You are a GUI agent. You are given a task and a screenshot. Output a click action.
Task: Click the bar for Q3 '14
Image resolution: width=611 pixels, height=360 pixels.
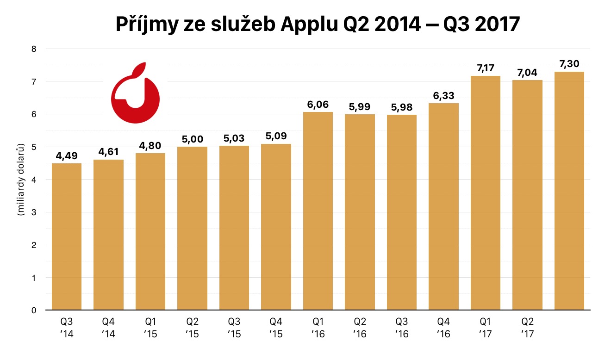click(67, 236)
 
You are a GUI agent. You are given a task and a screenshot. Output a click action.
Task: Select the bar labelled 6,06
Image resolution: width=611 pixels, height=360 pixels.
click(318, 211)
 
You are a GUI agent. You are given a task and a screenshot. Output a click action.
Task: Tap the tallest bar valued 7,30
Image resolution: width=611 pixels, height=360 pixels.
click(569, 191)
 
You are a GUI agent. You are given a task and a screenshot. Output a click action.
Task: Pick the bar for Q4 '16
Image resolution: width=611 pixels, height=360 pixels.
click(443, 206)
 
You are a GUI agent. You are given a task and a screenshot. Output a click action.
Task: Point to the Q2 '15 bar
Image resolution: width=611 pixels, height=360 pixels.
click(192, 228)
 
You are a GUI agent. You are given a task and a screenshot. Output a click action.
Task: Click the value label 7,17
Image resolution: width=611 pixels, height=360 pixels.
click(486, 68)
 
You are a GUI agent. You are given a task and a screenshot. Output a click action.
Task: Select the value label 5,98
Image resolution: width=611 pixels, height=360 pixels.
click(402, 107)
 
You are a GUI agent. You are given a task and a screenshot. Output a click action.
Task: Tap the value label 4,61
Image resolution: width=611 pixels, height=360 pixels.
click(108, 152)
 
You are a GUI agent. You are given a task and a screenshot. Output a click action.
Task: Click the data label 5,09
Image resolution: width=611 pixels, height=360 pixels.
click(276, 137)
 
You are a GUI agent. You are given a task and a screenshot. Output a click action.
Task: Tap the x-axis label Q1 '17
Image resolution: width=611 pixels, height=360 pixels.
click(486, 327)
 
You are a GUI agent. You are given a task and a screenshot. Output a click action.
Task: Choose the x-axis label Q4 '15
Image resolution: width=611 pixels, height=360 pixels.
click(276, 327)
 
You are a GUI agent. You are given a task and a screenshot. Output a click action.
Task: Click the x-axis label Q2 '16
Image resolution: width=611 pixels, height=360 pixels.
click(360, 327)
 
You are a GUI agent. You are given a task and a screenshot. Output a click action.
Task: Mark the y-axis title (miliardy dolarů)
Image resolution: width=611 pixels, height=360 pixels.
click(20, 180)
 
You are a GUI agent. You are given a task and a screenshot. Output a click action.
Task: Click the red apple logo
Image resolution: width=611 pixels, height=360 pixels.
click(135, 93)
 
